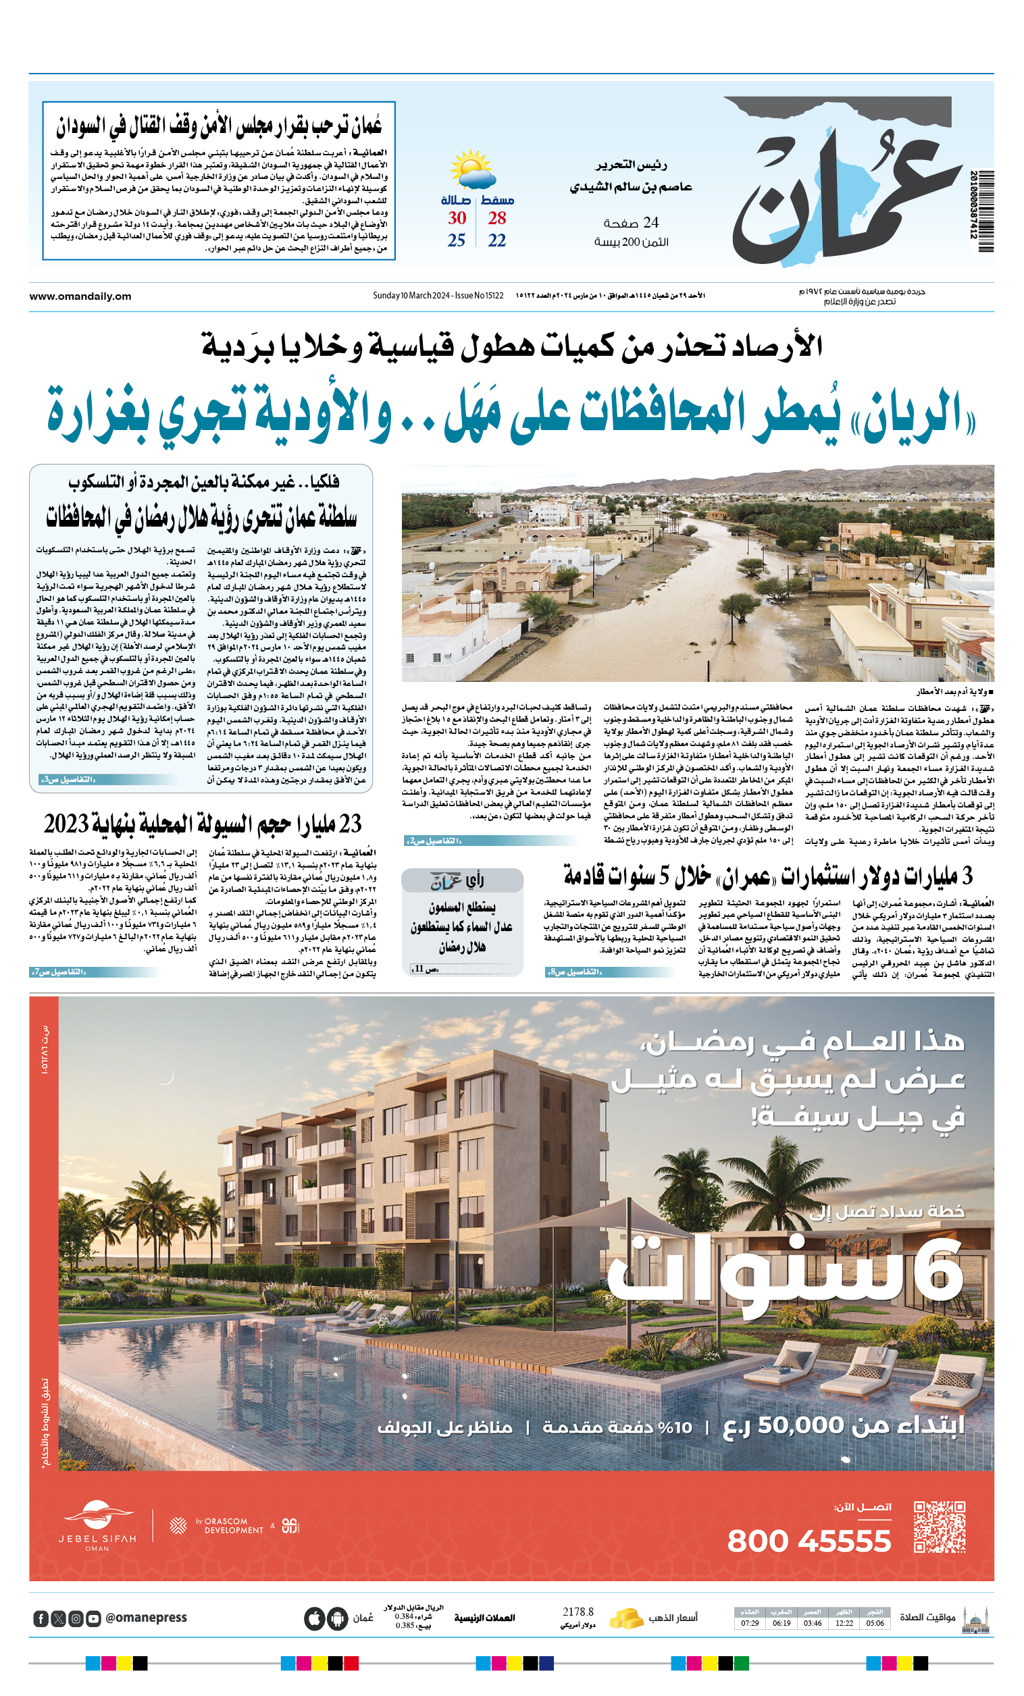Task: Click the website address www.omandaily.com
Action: coord(80,296)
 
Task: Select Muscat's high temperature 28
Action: coord(496,218)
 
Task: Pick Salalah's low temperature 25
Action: coord(456,240)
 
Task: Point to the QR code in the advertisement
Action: coord(940,1526)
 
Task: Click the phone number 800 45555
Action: coord(809,1541)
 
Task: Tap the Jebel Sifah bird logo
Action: coord(99,1514)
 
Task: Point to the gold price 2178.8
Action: coord(577,1612)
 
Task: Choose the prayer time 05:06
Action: coord(875,1622)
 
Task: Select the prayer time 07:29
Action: coord(749,1622)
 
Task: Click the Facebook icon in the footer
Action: coord(41,1618)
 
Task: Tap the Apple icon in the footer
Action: coord(314,1618)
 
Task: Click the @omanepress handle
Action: coord(145,1618)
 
